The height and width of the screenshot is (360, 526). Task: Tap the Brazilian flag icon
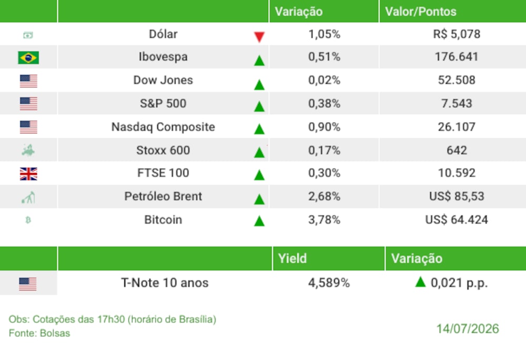(28, 57)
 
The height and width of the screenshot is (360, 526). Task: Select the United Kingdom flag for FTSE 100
(28, 174)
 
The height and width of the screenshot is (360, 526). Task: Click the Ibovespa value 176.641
(456, 57)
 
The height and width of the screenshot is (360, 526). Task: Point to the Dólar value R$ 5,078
(457, 34)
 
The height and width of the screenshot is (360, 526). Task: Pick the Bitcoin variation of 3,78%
(324, 220)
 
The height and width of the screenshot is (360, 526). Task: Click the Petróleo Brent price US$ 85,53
(457, 197)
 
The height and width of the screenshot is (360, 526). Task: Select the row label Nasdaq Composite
(163, 127)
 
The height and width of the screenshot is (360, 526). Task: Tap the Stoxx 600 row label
(163, 150)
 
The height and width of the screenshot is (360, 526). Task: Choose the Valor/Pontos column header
(421, 12)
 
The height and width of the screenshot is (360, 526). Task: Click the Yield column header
(292, 259)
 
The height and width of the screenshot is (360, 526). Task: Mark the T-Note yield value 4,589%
(329, 283)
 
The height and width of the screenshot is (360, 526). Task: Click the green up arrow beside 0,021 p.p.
(420, 282)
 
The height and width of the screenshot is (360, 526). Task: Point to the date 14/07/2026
(467, 329)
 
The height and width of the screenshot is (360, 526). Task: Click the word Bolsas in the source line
(55, 333)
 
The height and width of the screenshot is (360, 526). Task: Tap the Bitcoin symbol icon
(28, 220)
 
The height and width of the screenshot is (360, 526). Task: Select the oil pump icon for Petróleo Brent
(28, 198)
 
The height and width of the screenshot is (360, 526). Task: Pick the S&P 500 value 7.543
(457, 104)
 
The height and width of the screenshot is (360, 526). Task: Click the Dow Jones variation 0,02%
(324, 80)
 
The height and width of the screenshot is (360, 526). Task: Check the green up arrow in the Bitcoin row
(259, 221)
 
